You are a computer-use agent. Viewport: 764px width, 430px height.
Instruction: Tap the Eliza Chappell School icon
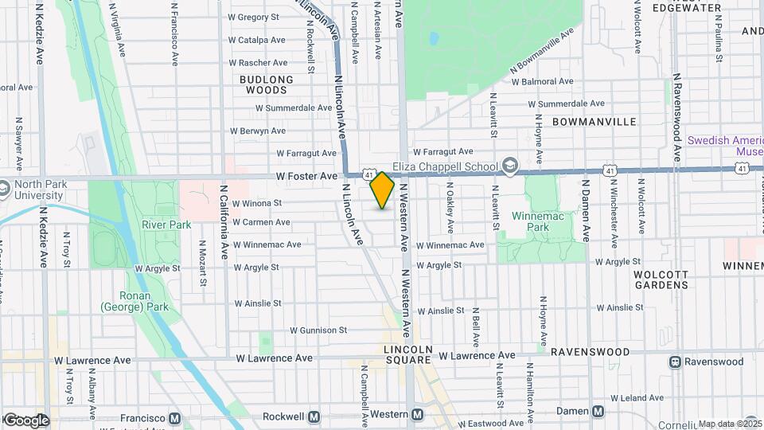click(x=510, y=166)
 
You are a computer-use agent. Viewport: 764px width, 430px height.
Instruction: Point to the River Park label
click(x=166, y=225)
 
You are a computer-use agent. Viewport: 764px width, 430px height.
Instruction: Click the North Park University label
click(x=32, y=190)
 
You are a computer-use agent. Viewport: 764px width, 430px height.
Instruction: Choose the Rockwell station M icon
click(x=314, y=416)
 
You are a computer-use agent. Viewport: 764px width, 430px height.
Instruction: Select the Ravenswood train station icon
click(x=676, y=362)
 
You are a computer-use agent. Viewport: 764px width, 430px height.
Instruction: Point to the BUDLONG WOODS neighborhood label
click(x=267, y=84)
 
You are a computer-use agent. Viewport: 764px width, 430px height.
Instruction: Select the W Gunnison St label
click(x=318, y=330)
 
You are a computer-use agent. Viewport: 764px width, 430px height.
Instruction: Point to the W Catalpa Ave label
click(x=256, y=40)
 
